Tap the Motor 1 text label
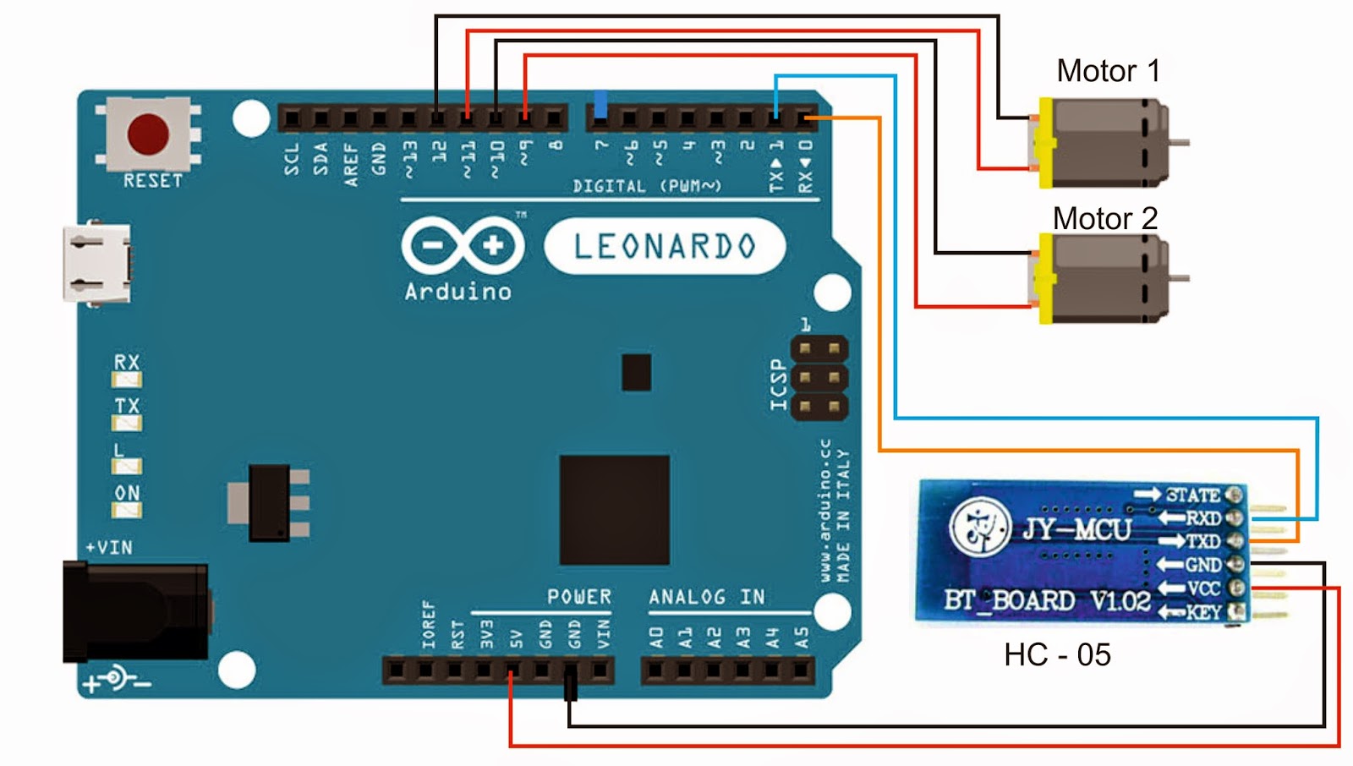tap(1108, 71)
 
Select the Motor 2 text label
tap(1104, 219)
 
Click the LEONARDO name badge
tap(665, 247)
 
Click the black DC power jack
tap(135, 612)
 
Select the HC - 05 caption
tap(1057, 655)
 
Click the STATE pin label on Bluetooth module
tap(1192, 495)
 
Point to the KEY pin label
tap(1203, 612)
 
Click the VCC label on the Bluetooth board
tap(1203, 588)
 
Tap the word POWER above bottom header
tap(579, 597)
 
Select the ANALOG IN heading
tap(707, 597)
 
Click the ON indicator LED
tap(128, 510)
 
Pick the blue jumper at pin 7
tap(600, 104)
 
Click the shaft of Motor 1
tap(1179, 143)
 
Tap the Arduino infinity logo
tap(463, 246)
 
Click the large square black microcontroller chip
tap(615, 510)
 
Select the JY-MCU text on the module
tap(1076, 530)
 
